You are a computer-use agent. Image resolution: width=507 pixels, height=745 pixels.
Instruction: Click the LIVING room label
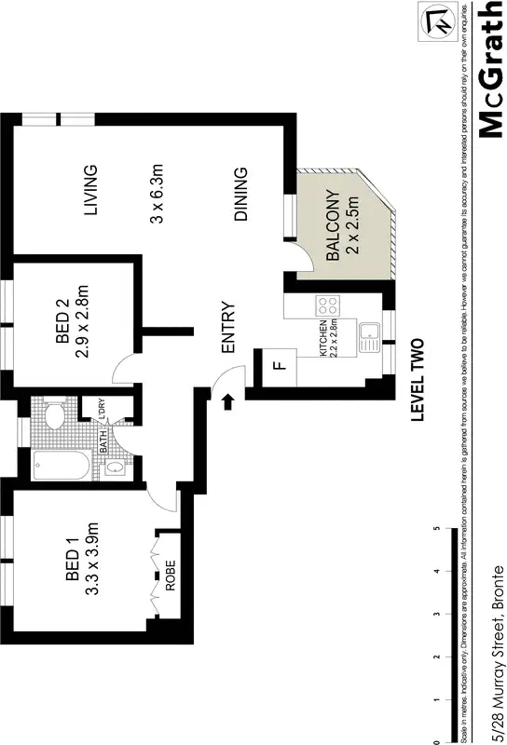90,190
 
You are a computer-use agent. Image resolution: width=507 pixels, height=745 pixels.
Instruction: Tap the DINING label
240,194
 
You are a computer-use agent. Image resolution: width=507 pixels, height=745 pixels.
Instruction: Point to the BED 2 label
62,322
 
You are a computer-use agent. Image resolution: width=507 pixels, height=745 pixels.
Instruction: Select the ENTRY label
227,329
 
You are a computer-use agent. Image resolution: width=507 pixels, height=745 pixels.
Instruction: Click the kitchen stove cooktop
328,305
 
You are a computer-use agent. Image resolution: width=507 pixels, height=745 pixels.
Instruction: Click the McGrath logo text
491,69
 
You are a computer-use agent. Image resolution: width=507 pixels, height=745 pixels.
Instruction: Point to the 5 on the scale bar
437,529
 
